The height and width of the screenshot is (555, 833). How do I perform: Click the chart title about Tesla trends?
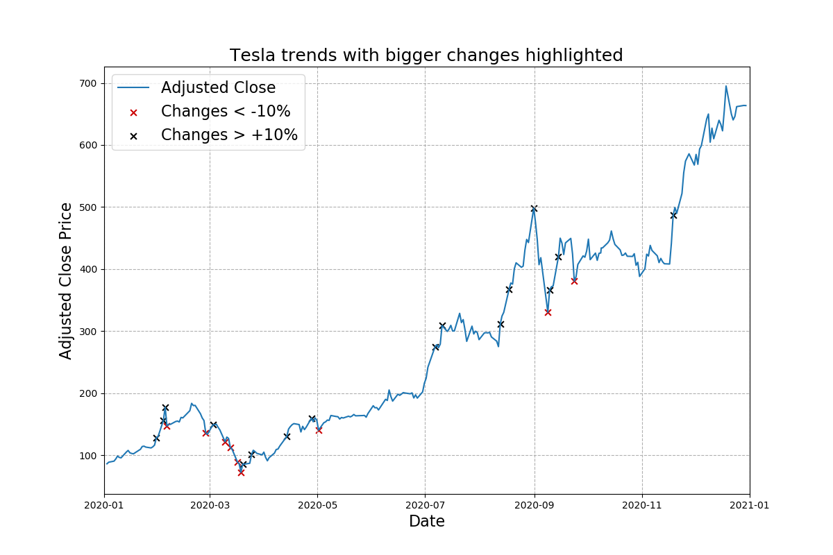(426, 55)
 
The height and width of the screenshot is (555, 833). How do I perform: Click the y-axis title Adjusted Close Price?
(66, 280)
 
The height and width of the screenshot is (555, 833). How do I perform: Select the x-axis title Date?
(426, 521)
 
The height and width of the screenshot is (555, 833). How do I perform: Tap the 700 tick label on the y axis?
(88, 83)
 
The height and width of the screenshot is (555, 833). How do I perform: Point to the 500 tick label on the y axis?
(88, 207)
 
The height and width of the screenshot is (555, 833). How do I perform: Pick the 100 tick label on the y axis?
(88, 456)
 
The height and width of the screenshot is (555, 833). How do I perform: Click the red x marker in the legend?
(134, 112)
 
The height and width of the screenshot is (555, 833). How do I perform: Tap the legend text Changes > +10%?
(229, 135)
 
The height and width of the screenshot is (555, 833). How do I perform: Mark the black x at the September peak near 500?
(534, 208)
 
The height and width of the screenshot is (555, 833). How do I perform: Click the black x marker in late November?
(673, 215)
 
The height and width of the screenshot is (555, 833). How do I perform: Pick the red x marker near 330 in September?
(548, 312)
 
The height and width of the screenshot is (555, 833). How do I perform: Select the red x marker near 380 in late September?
(574, 281)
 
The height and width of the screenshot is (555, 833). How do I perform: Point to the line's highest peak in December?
(726, 86)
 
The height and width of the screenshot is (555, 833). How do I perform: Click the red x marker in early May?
(319, 430)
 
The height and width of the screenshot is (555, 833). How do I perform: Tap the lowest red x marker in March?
(241, 472)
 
